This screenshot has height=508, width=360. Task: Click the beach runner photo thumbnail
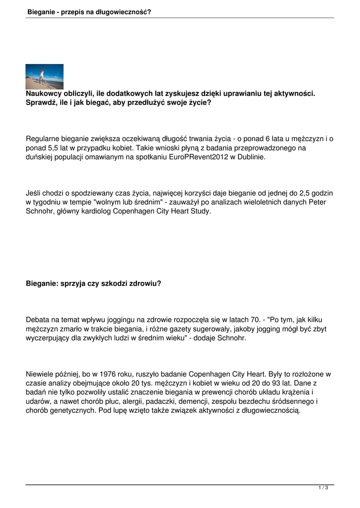45,76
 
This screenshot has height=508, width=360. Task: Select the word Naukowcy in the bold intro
44,94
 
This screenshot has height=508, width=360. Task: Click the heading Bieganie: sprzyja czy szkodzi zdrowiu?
93,284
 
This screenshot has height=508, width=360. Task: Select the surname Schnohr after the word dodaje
230,338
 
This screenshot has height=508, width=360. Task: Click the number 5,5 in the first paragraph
53,148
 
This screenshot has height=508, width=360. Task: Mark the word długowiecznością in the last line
268,411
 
